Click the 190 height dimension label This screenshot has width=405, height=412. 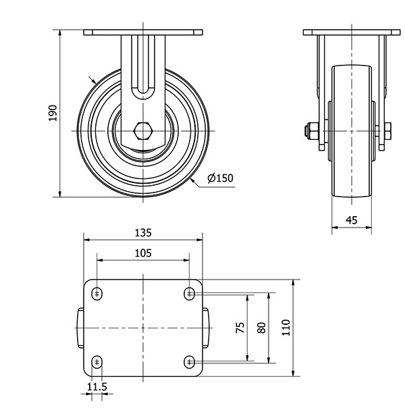pos(53,113)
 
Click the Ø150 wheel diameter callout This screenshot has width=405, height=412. pos(220,178)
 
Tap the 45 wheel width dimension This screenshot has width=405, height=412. pos(352,220)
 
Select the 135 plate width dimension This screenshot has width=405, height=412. pos(143,232)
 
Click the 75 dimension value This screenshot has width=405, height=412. pos(240,328)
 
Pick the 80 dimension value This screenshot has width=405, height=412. pos(263,328)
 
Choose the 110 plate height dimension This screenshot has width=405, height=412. pos(286,328)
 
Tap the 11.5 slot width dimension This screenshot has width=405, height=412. pos(97,387)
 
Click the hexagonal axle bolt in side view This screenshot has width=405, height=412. pos(142,129)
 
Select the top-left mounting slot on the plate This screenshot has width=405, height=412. pos(98,293)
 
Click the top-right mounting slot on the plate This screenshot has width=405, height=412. pos(189,293)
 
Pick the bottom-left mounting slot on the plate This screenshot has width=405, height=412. pos(98,362)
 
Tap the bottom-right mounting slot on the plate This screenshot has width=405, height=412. pos(189,362)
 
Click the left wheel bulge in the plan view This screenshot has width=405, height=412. pos(80,328)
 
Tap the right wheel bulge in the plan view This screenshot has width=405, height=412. pos(207,328)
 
